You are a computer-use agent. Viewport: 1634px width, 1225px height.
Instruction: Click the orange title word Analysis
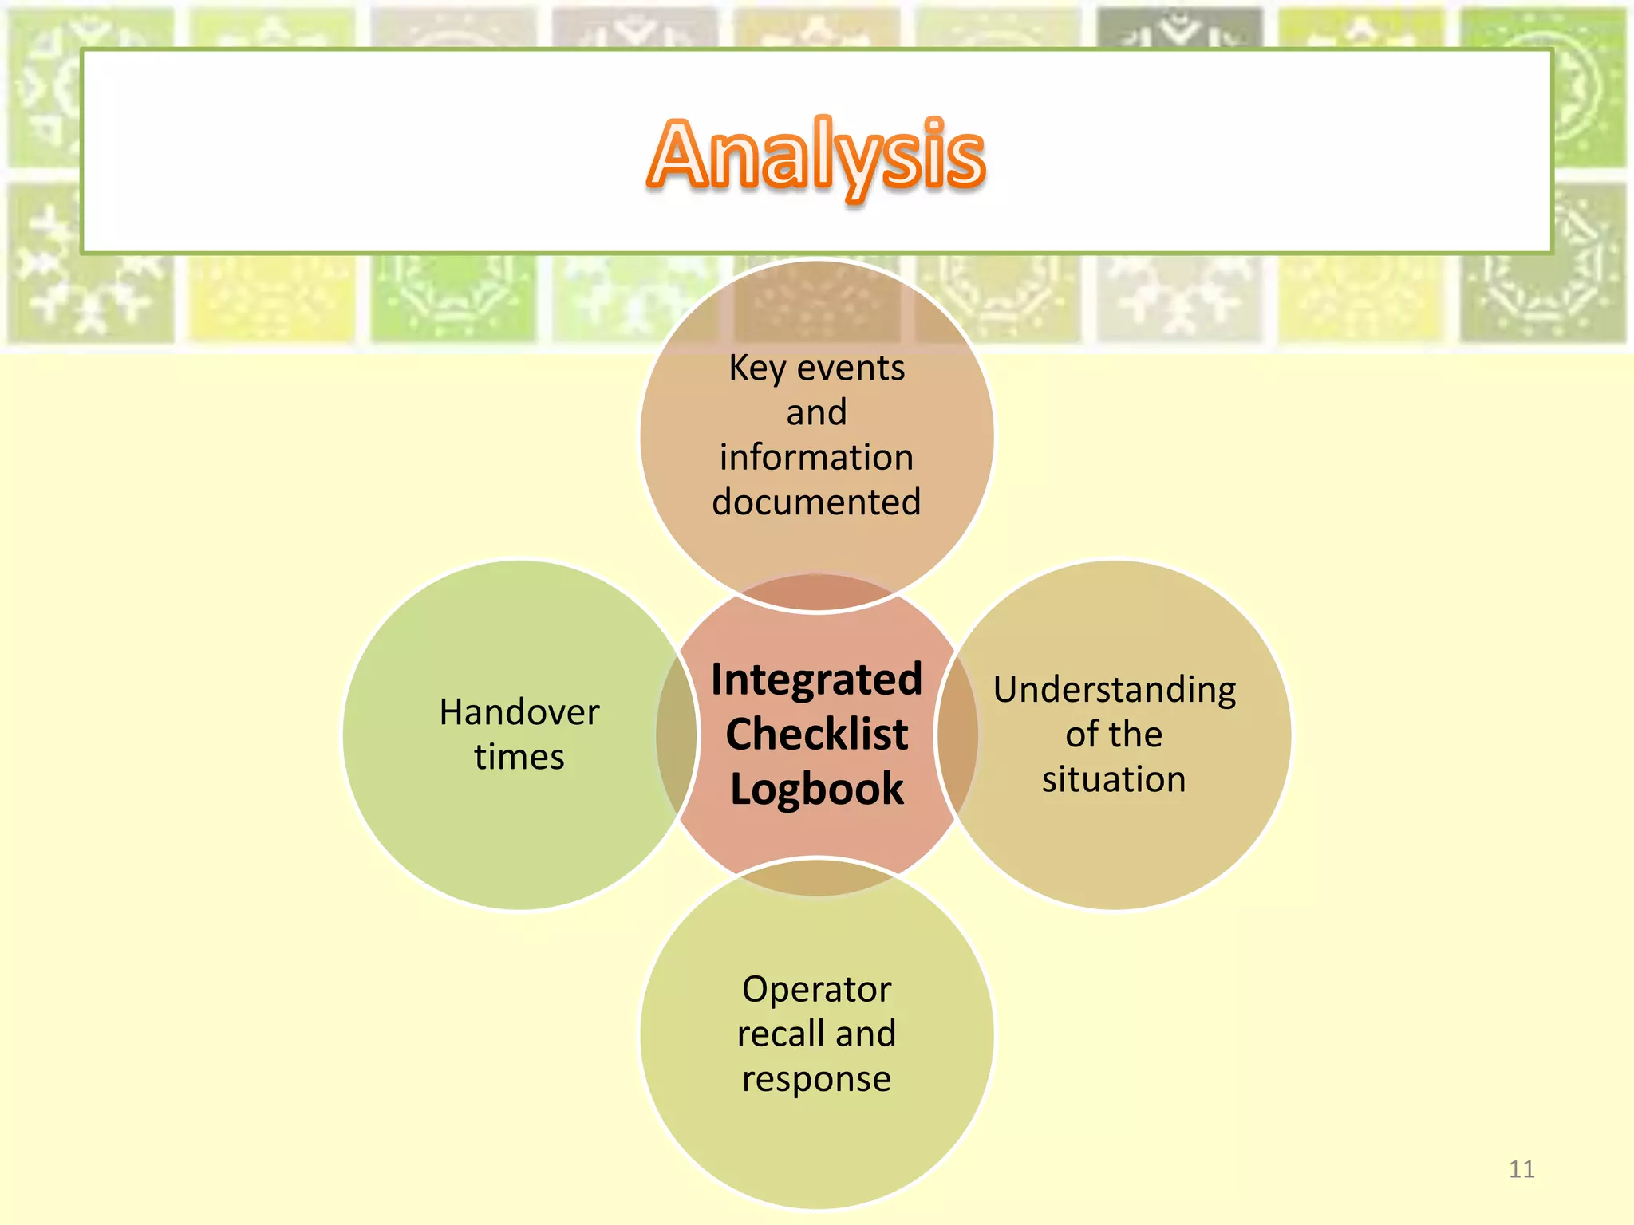coord(816,156)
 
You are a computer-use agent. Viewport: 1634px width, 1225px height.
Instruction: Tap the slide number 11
coord(1522,1169)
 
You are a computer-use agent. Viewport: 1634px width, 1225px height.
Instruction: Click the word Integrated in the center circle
coord(816,679)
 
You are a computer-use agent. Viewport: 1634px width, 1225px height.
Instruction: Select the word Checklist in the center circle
coord(816,734)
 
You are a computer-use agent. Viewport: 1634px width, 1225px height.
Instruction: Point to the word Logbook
coord(816,789)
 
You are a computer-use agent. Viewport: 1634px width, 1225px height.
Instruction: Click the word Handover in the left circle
coord(519,712)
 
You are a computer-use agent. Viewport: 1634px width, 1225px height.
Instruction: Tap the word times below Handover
coord(519,757)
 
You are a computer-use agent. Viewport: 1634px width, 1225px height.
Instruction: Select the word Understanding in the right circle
coord(1115,690)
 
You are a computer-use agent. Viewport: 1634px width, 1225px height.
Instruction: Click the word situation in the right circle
coord(1114,779)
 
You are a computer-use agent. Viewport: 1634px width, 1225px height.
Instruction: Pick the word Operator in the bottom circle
coord(816,990)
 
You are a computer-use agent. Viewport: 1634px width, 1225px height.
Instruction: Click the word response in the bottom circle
coord(816,1079)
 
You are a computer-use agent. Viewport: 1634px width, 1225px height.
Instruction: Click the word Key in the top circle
coord(756,368)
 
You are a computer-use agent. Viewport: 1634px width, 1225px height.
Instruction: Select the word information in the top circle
coord(816,458)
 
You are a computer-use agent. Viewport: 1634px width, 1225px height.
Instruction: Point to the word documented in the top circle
coord(816,502)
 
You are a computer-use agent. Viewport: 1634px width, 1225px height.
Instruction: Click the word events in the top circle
coord(851,368)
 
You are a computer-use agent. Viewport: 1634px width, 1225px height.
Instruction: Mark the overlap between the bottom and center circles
coord(816,876)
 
